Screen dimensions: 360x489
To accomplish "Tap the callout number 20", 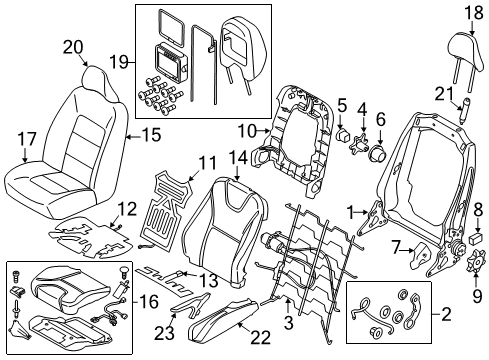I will coord(71,46).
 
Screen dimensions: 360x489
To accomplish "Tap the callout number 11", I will coord(179,161).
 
